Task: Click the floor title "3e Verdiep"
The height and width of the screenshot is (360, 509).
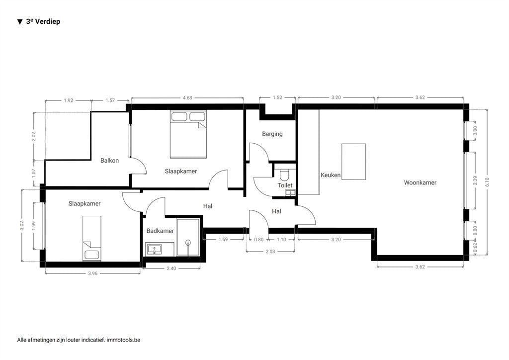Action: tap(43, 21)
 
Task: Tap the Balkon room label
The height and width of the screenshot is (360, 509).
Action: tap(109, 160)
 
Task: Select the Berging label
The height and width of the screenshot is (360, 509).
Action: tap(272, 134)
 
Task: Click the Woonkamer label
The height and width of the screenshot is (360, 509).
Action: tap(420, 182)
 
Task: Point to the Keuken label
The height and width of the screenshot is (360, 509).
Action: tap(331, 175)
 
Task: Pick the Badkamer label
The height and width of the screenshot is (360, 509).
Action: tap(160, 231)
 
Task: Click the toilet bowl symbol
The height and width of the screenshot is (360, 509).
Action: tap(284, 175)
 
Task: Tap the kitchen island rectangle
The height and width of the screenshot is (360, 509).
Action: tap(353, 162)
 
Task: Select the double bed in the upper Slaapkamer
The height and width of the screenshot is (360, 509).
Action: tap(188, 133)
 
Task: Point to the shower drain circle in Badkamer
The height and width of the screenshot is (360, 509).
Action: tap(188, 243)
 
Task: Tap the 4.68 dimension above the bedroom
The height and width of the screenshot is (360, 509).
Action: tap(187, 98)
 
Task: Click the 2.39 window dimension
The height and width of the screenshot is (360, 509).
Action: tap(476, 180)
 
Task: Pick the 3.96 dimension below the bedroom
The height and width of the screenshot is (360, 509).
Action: tap(92, 273)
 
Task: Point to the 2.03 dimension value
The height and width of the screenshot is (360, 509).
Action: tap(270, 252)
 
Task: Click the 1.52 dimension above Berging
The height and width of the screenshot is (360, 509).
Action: tap(277, 98)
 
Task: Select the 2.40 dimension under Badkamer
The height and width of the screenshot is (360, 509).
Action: tap(172, 269)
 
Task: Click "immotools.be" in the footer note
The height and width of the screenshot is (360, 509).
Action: tap(123, 340)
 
